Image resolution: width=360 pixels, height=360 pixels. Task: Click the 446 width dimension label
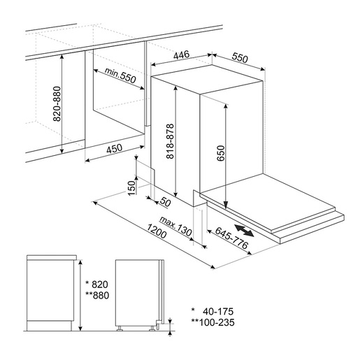[182, 55]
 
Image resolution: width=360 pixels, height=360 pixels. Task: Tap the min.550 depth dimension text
[120, 75]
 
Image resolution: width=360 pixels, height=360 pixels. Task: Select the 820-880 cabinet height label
[57, 104]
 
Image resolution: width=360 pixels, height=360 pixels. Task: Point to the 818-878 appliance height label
[170, 141]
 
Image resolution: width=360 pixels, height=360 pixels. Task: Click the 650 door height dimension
[220, 153]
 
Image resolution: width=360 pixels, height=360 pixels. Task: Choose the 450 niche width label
[115, 149]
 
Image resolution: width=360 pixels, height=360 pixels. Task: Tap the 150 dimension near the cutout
[131, 188]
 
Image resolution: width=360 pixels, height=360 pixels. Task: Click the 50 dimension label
[166, 202]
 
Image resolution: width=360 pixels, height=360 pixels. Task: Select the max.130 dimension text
[176, 226]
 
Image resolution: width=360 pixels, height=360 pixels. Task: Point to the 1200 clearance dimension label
[157, 231]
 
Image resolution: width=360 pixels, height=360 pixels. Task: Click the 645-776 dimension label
[231, 238]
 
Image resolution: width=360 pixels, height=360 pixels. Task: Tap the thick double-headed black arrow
[244, 231]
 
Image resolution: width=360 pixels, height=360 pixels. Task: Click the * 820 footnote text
[96, 285]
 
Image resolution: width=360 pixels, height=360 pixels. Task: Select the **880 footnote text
[97, 296]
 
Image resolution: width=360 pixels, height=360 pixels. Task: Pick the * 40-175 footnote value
[213, 311]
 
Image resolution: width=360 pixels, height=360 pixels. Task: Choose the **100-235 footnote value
[213, 322]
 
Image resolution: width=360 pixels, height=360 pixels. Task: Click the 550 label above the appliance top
[240, 58]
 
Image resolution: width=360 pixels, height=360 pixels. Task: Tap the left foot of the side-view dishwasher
[120, 329]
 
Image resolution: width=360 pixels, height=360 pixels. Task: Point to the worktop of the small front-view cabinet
[52, 257]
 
